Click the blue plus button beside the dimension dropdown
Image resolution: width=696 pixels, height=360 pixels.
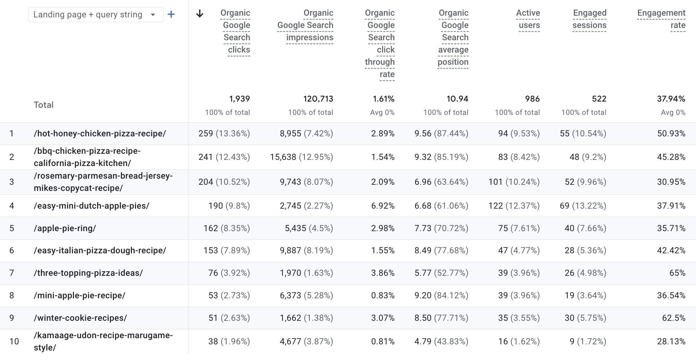[x=171, y=14]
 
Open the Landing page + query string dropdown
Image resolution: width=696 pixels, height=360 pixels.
[x=95, y=15]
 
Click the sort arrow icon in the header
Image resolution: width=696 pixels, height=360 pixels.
[x=200, y=14]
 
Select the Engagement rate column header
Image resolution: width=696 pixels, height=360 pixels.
[x=661, y=19]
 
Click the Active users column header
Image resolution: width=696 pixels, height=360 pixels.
[x=528, y=19]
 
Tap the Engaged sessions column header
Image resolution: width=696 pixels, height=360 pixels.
[x=589, y=19]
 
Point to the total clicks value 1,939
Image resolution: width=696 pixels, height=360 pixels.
[x=239, y=99]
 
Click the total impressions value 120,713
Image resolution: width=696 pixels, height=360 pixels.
[x=318, y=99]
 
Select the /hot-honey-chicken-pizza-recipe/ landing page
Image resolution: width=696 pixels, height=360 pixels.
[x=100, y=134]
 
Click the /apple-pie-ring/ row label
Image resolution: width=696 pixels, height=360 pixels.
[x=65, y=228]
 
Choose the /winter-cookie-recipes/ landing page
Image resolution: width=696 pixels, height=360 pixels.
[x=80, y=318]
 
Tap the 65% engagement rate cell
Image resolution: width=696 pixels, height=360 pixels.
[x=677, y=273]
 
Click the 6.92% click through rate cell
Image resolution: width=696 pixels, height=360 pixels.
[x=383, y=206]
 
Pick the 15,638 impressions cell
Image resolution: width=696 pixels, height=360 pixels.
[x=283, y=157]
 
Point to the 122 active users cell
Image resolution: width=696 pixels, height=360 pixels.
[x=496, y=206]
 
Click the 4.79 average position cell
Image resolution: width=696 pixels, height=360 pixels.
[x=423, y=342]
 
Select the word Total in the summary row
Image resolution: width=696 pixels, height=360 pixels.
[x=44, y=105]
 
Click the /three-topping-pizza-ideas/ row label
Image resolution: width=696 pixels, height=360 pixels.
[x=88, y=273]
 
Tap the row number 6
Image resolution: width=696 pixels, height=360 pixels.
[x=12, y=251]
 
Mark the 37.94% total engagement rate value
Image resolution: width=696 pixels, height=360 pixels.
[x=671, y=99]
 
